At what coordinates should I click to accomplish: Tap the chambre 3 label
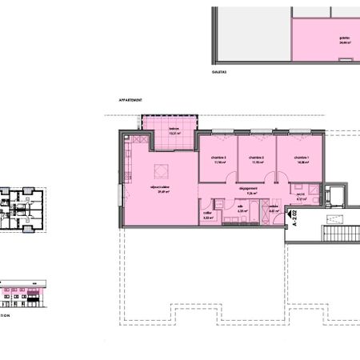[x=218, y=158]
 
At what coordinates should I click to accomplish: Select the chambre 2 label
[x=256, y=158]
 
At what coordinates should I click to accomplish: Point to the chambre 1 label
[x=301, y=158]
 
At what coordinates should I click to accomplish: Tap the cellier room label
[x=207, y=211]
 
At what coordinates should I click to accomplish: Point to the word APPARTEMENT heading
[x=130, y=100]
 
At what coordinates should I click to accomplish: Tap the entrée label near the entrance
[x=273, y=206]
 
